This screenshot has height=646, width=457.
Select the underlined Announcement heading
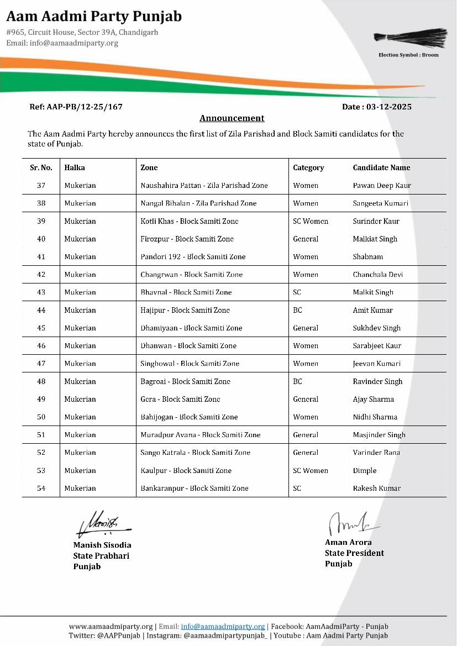pos(232,118)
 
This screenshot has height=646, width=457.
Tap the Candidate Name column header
pos(381,167)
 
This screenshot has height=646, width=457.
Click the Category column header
pos(308,167)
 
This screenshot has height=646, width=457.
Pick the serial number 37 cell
pos(41,186)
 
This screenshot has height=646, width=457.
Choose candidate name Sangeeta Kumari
pos(380,203)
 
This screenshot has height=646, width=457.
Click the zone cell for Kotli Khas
pos(189,221)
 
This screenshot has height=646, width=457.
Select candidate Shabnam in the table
pos(367,257)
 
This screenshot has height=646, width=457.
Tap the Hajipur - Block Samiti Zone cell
pos(185,311)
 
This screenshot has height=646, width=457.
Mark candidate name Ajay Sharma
pos(373,400)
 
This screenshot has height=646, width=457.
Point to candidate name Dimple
pos(364,471)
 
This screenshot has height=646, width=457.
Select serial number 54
pos(41,489)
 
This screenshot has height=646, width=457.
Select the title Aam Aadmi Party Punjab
pos(94,17)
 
